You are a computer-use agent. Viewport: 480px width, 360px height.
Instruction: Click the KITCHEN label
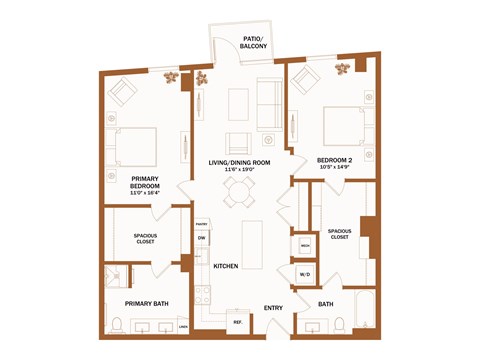(224, 266)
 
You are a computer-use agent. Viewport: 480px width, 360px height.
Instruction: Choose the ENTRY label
(273, 307)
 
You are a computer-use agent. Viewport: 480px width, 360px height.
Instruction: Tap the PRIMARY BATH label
(146, 302)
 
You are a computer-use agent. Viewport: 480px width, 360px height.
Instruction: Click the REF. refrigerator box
(238, 322)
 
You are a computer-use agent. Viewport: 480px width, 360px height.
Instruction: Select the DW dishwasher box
(201, 238)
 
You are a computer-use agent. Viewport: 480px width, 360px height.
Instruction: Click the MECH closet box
(304, 244)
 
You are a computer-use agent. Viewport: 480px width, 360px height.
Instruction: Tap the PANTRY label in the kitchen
(201, 224)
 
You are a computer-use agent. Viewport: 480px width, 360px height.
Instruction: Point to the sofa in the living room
(270, 103)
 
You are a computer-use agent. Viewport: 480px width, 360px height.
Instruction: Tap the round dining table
(238, 197)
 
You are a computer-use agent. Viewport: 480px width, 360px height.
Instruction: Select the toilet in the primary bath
(117, 325)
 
